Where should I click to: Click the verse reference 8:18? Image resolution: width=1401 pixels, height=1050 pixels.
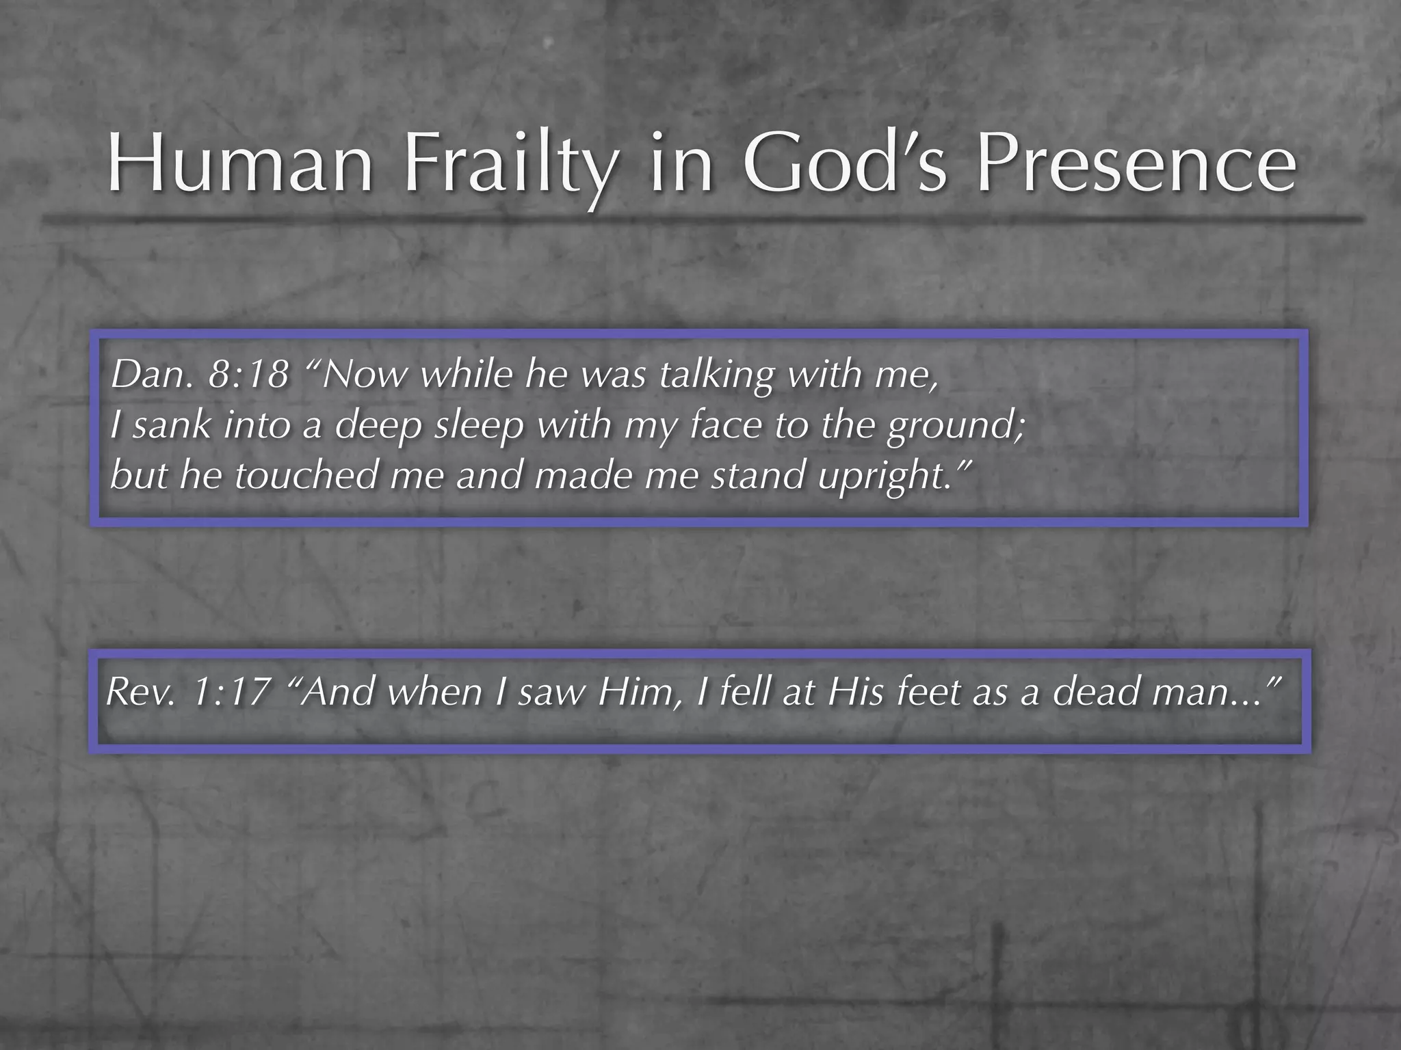tap(248, 375)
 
